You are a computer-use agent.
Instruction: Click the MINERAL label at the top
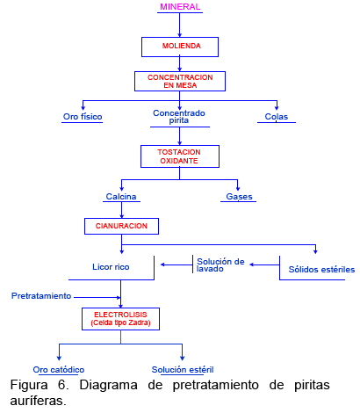tap(180, 7)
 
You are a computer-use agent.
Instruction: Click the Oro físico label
tap(83, 117)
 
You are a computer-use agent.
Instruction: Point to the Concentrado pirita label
tap(179, 117)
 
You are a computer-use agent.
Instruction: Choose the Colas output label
tap(277, 117)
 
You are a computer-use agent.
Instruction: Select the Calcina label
tap(121, 196)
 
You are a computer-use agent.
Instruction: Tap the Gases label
tap(239, 196)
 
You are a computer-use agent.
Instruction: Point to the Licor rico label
tap(111, 267)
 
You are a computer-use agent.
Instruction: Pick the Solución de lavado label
tap(220, 264)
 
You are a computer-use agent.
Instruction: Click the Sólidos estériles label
tap(321, 270)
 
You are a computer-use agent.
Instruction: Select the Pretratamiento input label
tap(41, 296)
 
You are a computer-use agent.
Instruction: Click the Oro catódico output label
tap(59, 370)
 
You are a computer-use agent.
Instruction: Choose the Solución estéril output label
tap(183, 370)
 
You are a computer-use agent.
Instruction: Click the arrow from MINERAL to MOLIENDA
tap(179, 25)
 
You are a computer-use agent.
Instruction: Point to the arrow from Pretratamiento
tap(97, 297)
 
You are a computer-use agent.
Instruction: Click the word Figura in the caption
tap(29, 385)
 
